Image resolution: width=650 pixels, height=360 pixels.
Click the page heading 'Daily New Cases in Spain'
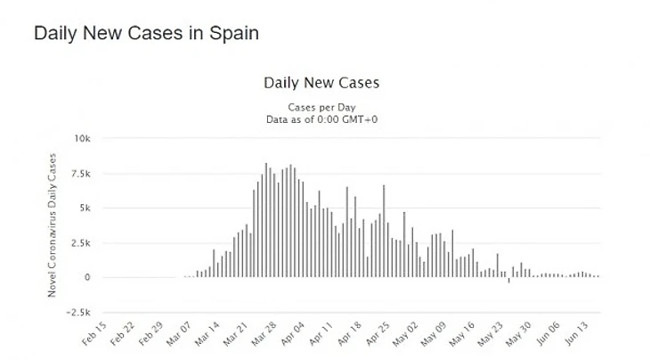[146, 34]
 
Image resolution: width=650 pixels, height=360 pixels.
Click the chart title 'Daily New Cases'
[321, 83]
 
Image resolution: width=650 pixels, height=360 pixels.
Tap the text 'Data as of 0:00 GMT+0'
[321, 119]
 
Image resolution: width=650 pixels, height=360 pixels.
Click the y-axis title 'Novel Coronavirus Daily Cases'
[53, 228]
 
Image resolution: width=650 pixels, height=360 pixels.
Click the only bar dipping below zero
[509, 280]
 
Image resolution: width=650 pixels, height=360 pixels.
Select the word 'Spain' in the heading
[232, 34]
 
